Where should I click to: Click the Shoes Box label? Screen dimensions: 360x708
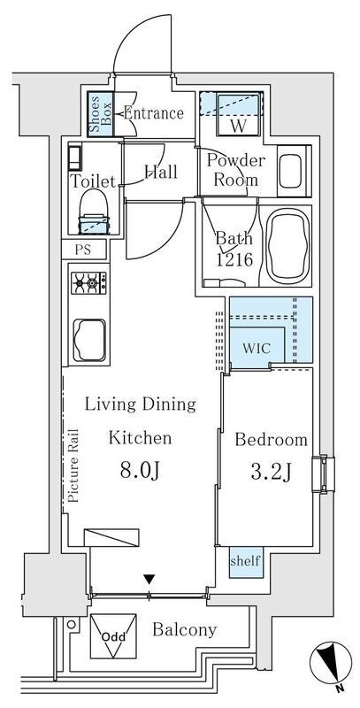pos(100,115)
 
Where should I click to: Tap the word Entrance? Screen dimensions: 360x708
pos(153,113)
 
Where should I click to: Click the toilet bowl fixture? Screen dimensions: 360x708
pos(95,212)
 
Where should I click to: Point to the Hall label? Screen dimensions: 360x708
pos(161,172)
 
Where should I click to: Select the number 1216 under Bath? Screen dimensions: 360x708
pos(234,259)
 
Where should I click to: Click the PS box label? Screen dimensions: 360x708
pos(83,250)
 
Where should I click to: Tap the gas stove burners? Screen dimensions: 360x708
pos(88,283)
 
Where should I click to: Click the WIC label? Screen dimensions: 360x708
pos(257,348)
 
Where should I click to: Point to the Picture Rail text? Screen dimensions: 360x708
pos(73,466)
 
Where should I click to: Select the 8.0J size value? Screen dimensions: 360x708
pos(140,471)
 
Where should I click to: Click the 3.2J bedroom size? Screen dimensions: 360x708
pos(270,473)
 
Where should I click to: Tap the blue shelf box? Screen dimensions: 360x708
pos(246,562)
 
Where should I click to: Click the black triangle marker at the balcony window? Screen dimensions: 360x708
pos(149,579)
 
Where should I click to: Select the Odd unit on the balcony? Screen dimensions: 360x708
pos(113,635)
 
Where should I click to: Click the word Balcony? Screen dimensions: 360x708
pos(185,629)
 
